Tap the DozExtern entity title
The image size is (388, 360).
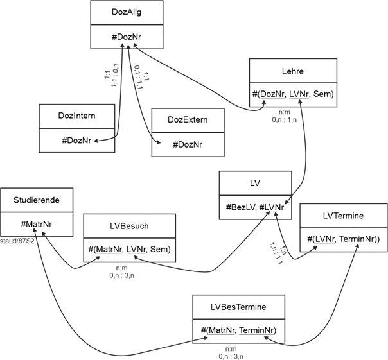(188, 120)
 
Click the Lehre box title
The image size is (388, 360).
(293, 71)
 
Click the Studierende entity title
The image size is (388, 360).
(37, 200)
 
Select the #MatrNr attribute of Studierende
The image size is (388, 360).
(37, 224)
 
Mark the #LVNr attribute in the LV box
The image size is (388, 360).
(272, 207)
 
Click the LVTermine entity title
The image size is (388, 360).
(343, 216)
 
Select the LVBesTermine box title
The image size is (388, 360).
(239, 307)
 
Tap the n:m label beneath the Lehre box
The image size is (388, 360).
(284, 111)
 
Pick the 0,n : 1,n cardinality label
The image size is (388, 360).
(284, 119)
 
